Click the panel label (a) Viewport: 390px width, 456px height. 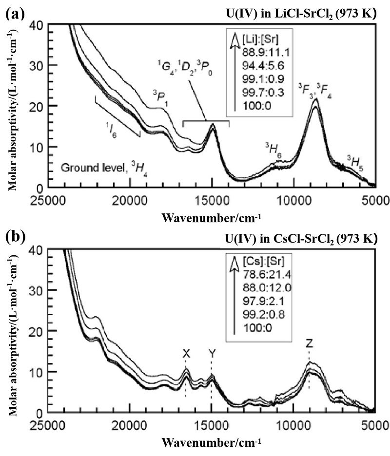pos(14,11)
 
